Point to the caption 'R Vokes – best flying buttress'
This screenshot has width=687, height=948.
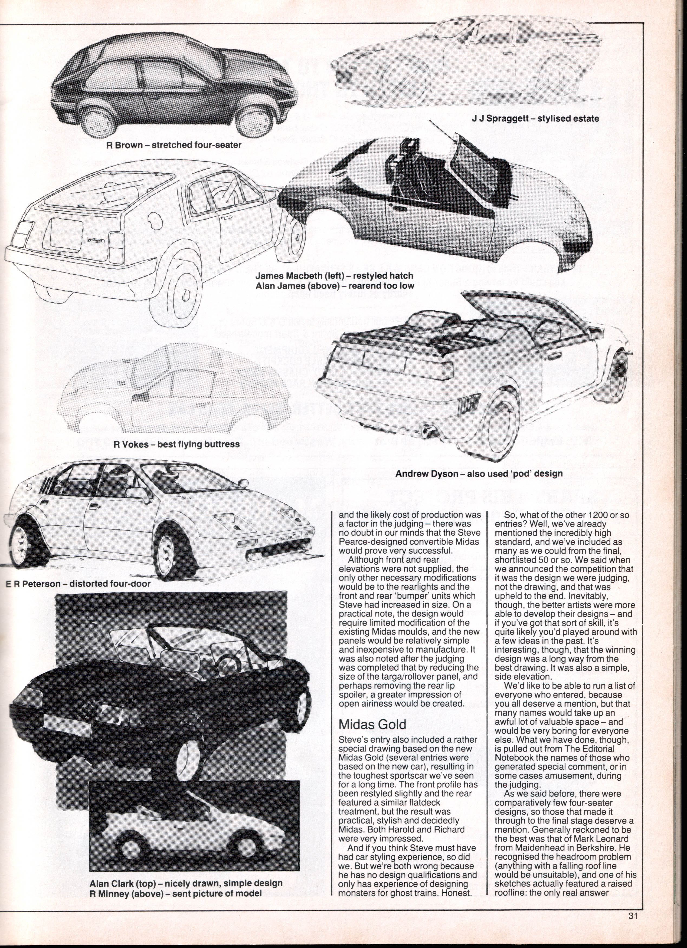click(x=177, y=444)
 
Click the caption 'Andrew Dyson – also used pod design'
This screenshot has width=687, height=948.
click(x=479, y=473)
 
